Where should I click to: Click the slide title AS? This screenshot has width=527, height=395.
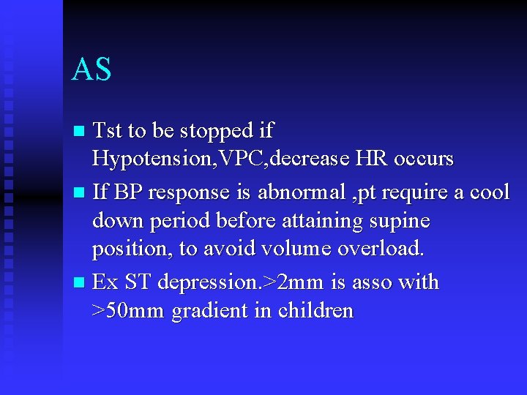point(91,69)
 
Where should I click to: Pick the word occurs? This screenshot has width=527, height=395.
point(425,159)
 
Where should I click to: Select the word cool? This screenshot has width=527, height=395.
point(489,192)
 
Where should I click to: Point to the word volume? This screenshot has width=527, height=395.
point(296,248)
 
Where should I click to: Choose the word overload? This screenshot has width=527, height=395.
point(381,248)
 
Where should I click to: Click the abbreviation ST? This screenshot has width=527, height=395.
point(138,282)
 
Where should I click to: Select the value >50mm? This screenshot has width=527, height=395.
point(128,310)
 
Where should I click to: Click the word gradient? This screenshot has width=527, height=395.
point(205,311)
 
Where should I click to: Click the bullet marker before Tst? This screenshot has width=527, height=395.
point(80,132)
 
